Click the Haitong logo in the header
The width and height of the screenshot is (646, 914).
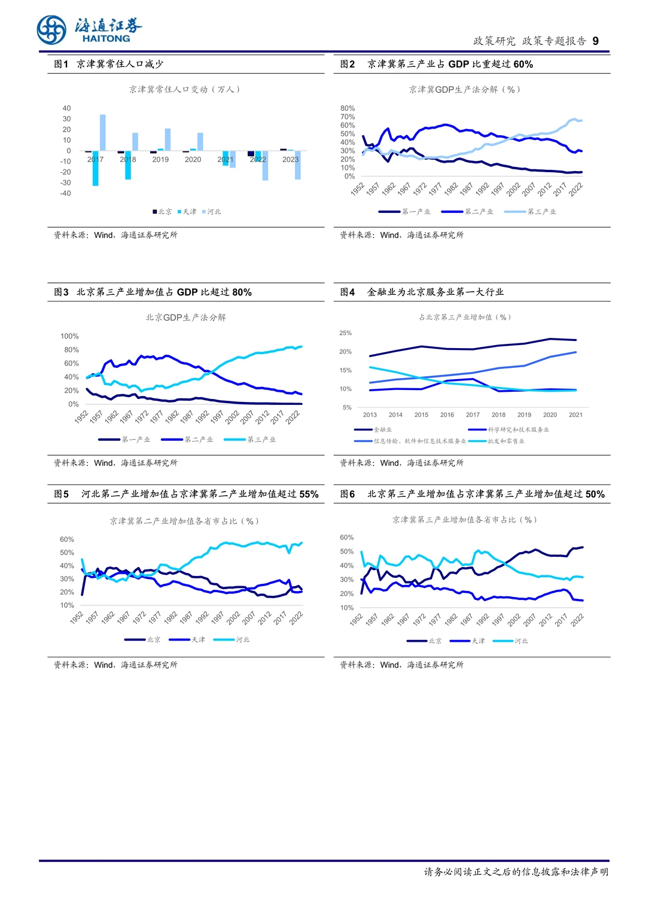point(90,30)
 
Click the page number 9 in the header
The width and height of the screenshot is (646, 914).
point(595,41)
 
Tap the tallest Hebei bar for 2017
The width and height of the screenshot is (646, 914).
point(103,132)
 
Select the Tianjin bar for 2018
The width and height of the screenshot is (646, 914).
point(128,165)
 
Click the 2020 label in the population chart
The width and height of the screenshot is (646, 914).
point(193,160)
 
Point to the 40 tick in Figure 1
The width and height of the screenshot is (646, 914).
point(66,108)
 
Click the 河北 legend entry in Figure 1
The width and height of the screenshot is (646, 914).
point(213,212)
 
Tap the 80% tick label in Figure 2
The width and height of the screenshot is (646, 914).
point(348,108)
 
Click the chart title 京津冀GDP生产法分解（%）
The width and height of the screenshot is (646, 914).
point(465,89)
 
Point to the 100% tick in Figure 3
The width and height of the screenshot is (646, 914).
point(69,336)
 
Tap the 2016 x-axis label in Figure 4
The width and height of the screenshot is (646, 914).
point(447,415)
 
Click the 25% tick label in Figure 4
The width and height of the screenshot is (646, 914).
point(345,333)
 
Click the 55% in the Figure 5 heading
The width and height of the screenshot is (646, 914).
point(309,494)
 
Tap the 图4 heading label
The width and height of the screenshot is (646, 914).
point(348,292)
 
